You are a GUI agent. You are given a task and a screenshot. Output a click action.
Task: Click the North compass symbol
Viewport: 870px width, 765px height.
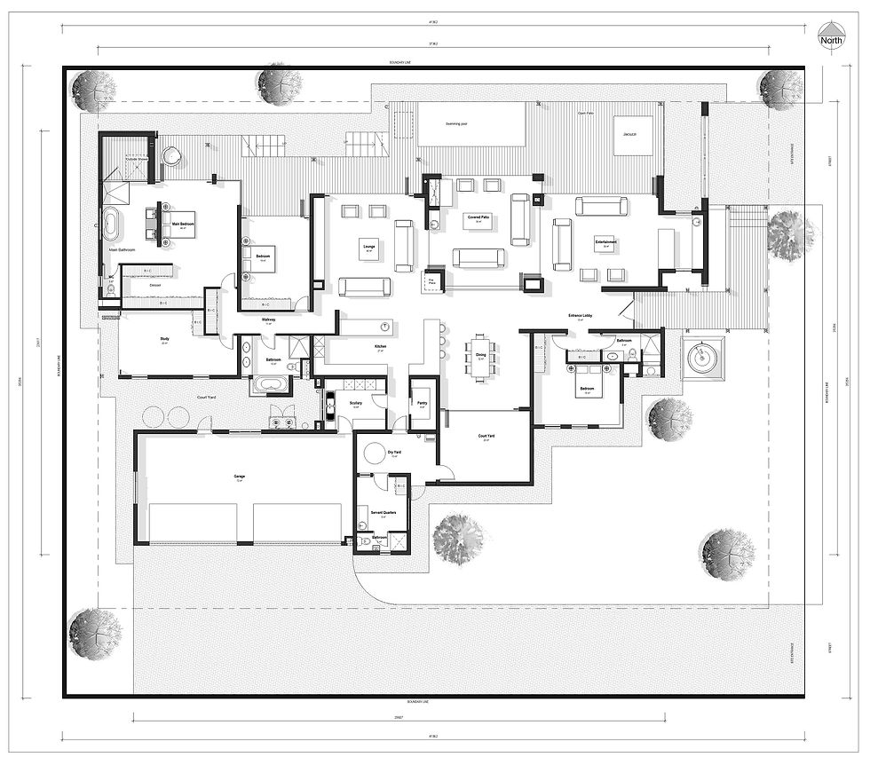[831, 38]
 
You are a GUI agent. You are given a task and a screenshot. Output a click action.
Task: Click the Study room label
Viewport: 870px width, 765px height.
[164, 338]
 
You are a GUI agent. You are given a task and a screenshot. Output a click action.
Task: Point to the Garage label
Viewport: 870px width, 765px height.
[239, 477]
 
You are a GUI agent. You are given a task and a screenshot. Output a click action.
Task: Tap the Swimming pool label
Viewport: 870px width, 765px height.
[444, 126]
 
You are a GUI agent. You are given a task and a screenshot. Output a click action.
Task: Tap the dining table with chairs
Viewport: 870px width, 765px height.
[480, 356]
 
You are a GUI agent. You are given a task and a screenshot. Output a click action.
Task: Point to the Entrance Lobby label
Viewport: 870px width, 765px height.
[581, 315]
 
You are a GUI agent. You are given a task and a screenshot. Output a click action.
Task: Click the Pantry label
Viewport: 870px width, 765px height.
[422, 402]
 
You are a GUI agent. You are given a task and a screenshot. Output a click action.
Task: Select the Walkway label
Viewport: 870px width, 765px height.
[268, 319]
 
